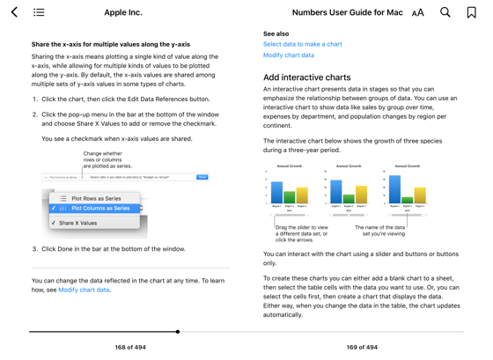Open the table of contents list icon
click(39, 12)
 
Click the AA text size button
click(417, 12)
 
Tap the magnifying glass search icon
click(445, 12)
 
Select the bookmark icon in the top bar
click(472, 12)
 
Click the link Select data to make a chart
click(302, 44)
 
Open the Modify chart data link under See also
click(288, 55)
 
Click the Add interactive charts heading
click(306, 77)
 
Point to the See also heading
click(276, 33)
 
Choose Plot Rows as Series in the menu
click(96, 198)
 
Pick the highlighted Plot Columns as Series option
click(100, 209)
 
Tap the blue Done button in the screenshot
click(202, 177)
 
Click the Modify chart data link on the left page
click(84, 290)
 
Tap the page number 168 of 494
click(130, 347)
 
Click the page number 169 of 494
click(362, 347)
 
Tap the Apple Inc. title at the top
click(123, 12)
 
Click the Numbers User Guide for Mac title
click(347, 12)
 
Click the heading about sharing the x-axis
click(111, 44)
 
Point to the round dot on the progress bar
click(178, 332)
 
